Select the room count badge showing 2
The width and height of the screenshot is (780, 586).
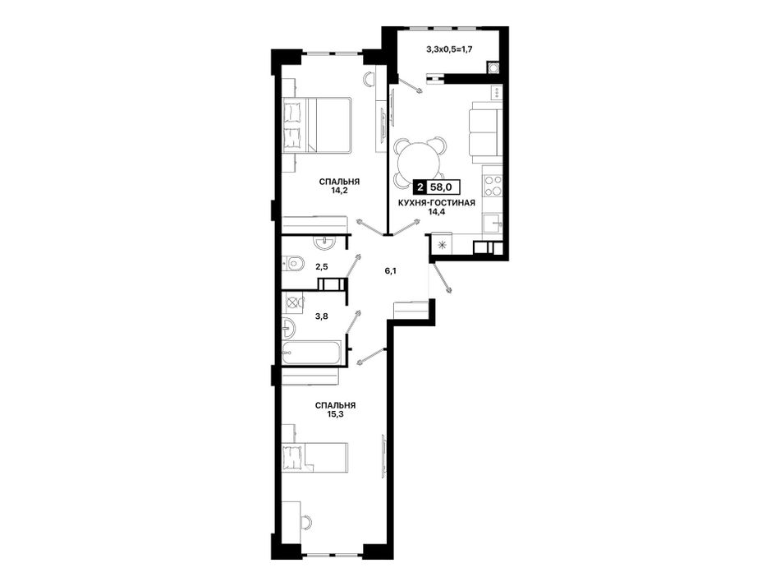point(420,187)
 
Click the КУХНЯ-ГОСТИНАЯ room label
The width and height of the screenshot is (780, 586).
point(436,203)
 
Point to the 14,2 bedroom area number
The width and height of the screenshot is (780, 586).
point(339,190)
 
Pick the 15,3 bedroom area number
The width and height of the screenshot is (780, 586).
point(335,413)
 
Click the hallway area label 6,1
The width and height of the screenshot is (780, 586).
point(390,271)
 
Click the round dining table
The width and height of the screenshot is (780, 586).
point(419,162)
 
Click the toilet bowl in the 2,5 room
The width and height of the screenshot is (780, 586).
point(292,262)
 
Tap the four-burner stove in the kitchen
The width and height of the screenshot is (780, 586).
point(493,185)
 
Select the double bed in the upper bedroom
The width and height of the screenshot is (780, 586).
point(318,125)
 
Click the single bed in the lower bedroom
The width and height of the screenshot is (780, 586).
point(315,457)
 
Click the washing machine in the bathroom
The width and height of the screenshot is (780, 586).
point(292,303)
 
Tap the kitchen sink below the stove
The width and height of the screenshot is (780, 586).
point(493,224)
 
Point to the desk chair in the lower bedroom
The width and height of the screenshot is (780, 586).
point(305,522)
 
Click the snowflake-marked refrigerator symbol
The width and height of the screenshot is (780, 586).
point(441,244)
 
